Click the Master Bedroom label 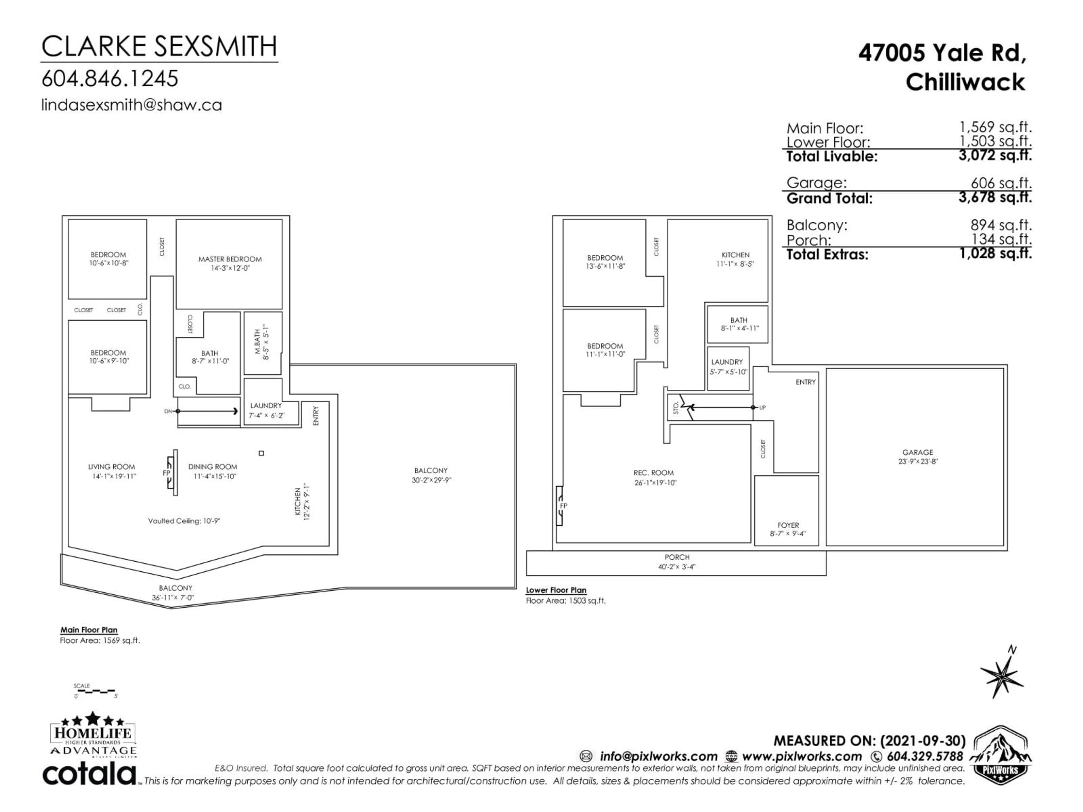pyautogui.click(x=230, y=259)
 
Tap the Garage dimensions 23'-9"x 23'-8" pyautogui.click(x=917, y=461)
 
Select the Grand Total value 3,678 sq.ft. pyautogui.click(x=995, y=197)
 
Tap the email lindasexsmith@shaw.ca pyautogui.click(x=131, y=105)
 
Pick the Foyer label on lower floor pyautogui.click(x=788, y=525)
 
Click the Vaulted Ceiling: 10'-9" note pyautogui.click(x=184, y=521)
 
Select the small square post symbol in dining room pyautogui.click(x=261, y=453)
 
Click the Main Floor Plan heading pyautogui.click(x=89, y=630)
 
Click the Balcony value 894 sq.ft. pyautogui.click(x=1001, y=225)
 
